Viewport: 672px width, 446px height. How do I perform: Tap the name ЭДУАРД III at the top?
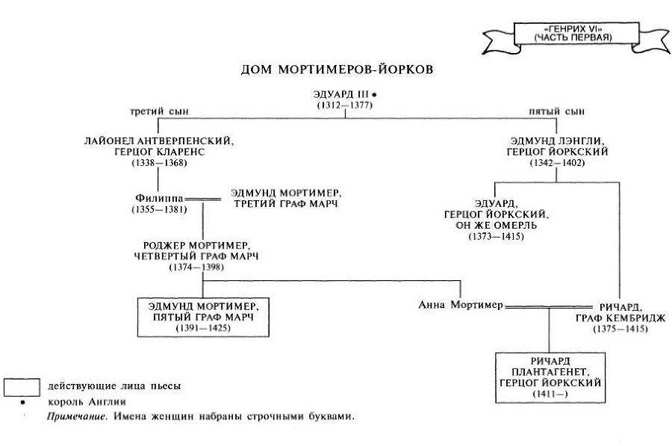tap(339, 95)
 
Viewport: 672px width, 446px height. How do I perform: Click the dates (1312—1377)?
tap(343, 105)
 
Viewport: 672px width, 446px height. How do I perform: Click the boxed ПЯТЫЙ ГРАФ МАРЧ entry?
tap(203, 316)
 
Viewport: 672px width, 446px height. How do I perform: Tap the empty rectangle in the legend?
tap(21, 386)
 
